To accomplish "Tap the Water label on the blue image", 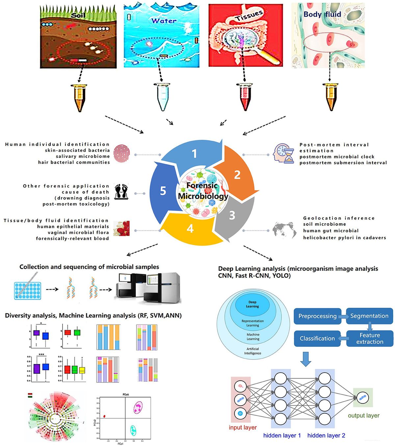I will [164, 20].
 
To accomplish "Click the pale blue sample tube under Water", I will [162, 97].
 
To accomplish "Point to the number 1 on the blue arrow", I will [194, 153].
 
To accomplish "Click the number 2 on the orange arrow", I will [237, 175].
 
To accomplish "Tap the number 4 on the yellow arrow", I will [190, 228].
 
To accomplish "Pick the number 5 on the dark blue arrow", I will [163, 191].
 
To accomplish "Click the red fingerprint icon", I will [121, 153].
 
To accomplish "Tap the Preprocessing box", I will [317, 316].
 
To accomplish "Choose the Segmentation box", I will [369, 316].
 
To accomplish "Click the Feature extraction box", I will [370, 338].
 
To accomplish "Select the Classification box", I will [317, 338].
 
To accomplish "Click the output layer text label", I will [364, 416].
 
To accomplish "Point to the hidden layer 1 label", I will [282, 435].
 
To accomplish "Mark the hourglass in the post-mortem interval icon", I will [289, 156].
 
